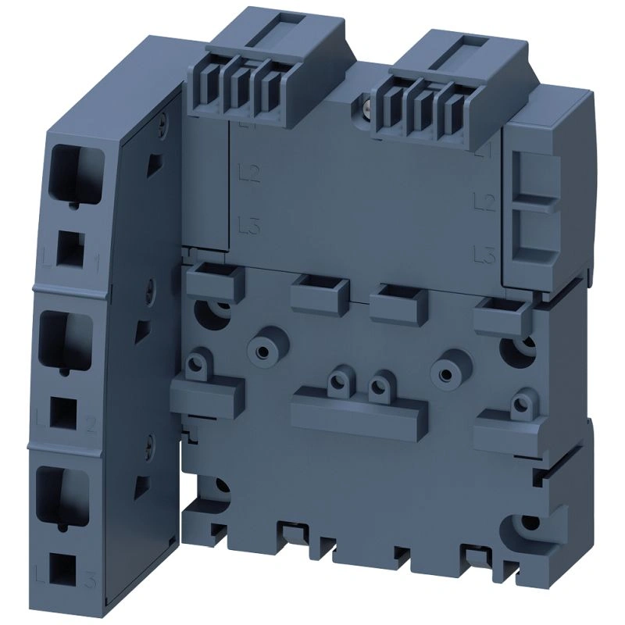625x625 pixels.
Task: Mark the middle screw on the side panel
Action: [x=148, y=287]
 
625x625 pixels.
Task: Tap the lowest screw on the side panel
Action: [x=146, y=447]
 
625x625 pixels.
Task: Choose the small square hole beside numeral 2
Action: [x=62, y=412]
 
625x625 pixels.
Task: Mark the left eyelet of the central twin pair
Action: [x=338, y=380]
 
